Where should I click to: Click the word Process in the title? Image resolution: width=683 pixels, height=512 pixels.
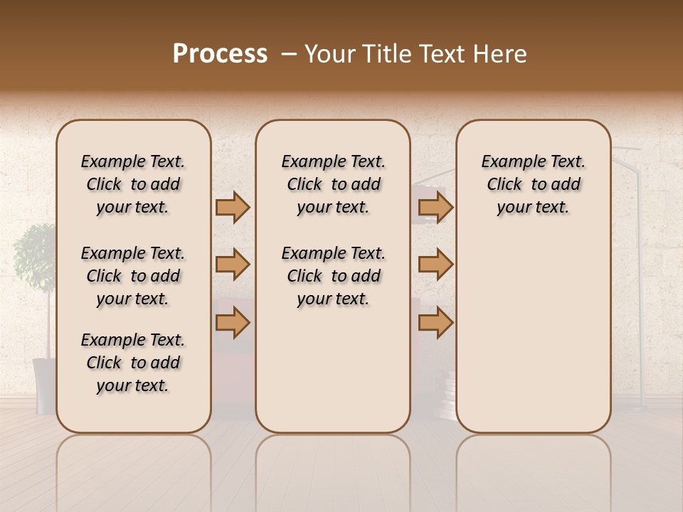pos(220,54)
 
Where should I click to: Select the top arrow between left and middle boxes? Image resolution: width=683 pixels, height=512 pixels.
pos(233,207)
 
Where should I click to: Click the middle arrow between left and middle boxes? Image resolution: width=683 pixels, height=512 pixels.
pos(233,265)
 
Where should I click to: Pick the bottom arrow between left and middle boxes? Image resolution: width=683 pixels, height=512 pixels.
pos(233,323)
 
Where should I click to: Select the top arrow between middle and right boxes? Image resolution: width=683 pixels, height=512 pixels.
pos(435,207)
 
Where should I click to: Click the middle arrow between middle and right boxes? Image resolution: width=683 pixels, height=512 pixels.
pos(435,265)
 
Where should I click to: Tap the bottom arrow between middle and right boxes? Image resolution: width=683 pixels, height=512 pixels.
pos(435,323)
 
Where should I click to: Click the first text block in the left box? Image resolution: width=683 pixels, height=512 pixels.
pos(133,184)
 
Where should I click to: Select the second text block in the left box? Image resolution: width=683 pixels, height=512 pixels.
pos(133,276)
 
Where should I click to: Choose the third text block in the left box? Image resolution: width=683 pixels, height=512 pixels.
pos(133,363)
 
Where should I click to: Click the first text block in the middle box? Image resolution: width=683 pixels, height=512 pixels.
pos(334,184)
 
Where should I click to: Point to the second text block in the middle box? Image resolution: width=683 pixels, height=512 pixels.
pos(334,276)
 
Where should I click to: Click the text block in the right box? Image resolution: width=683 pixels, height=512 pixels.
pos(534,184)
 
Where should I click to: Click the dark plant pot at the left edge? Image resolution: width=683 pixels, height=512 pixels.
pos(43,384)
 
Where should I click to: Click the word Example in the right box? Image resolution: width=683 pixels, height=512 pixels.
pos(510,162)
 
